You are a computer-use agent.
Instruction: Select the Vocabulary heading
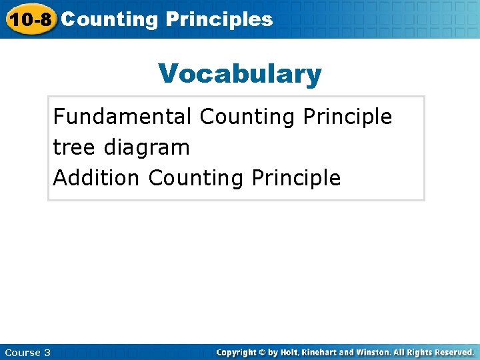(240, 74)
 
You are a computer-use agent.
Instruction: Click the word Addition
(97, 178)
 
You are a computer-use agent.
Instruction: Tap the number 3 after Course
(47, 352)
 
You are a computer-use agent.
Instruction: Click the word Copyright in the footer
(237, 352)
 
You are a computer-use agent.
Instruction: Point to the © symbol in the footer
(263, 352)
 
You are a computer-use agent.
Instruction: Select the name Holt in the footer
(291, 352)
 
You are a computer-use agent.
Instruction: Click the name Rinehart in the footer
(324, 352)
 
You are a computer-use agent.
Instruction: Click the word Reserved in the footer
(453, 352)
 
